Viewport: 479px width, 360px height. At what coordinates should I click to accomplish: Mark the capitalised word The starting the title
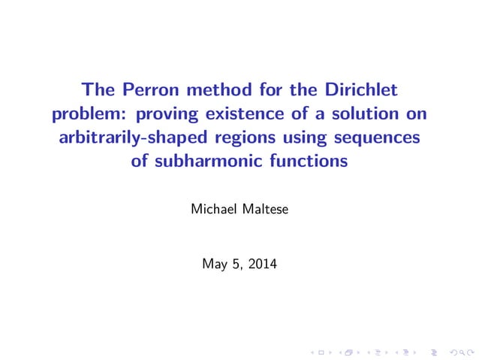101,92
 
